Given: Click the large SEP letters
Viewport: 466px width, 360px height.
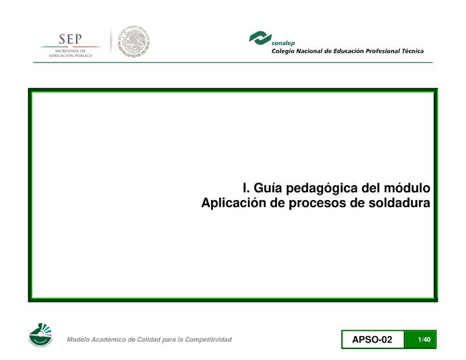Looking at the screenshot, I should tap(71, 38).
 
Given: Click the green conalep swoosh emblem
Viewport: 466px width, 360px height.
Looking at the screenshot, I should tap(260, 38).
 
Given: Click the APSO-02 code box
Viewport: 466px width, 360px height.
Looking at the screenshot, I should tap(372, 340).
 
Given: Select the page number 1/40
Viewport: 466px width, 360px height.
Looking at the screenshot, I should tap(425, 340).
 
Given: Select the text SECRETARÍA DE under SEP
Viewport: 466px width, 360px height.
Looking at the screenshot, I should tap(71, 51).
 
